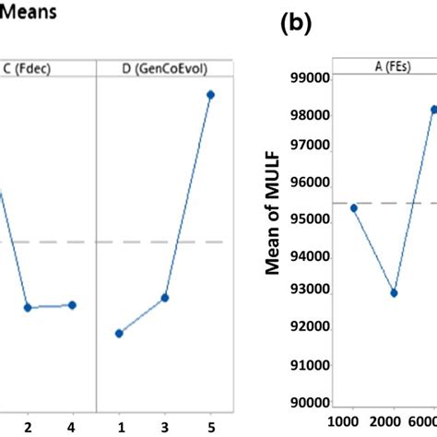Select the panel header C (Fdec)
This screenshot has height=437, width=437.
46,66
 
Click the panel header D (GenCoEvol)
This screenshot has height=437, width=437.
162,66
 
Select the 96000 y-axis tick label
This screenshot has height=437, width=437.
310,183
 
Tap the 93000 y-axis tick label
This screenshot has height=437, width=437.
310,289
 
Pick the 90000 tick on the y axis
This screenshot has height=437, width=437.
310,403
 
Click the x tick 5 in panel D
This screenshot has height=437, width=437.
210,427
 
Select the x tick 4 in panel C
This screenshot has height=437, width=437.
72,427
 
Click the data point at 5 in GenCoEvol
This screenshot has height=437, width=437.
210,94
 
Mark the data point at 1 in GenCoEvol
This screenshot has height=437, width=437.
119,333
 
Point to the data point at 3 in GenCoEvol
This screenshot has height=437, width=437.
165,298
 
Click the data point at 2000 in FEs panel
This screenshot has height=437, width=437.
394,293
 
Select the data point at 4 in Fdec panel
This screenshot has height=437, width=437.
72,305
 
